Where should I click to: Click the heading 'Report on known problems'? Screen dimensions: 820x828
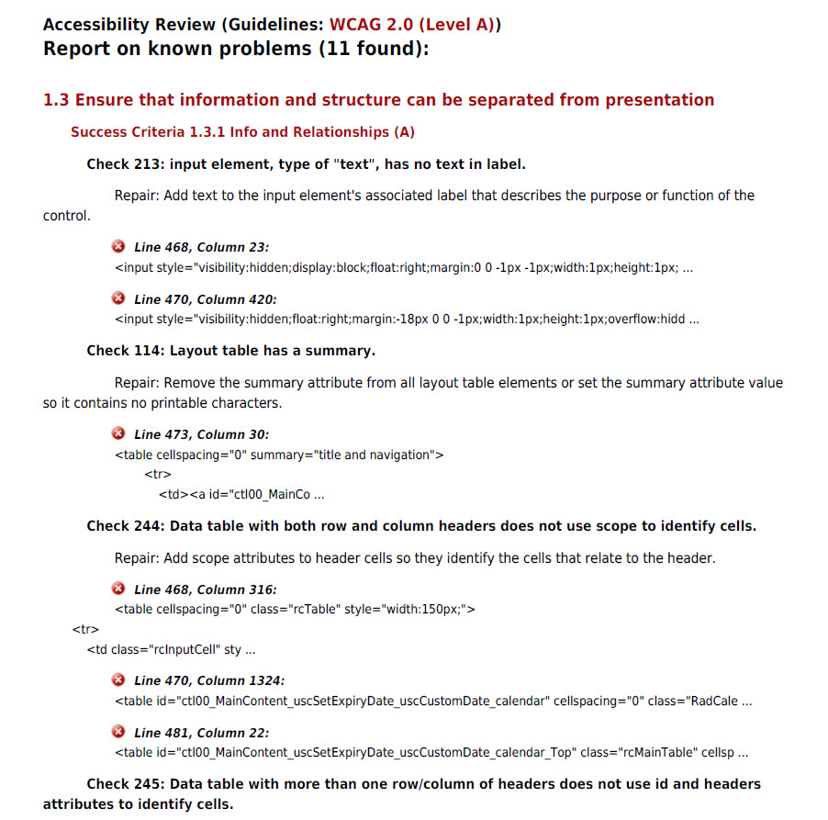(x=236, y=50)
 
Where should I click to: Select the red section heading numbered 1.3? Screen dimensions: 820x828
(x=378, y=100)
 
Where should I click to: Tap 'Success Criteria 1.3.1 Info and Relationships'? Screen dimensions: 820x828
(x=242, y=132)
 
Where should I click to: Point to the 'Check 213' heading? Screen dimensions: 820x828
(x=306, y=164)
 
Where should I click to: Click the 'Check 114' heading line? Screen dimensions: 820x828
(x=230, y=351)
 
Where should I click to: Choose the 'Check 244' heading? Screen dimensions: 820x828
(x=421, y=526)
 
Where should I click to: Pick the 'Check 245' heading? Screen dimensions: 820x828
(x=423, y=784)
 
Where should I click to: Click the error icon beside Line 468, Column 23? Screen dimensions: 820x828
(x=118, y=247)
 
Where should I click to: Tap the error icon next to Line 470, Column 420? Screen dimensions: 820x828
(x=118, y=298)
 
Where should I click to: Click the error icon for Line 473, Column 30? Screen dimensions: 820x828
(x=118, y=433)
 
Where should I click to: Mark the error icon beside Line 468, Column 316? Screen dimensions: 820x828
(x=118, y=589)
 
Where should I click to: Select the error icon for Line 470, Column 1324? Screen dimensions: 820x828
(x=118, y=680)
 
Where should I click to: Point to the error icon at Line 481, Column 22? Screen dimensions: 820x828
(x=118, y=732)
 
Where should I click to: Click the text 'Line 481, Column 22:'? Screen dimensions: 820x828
(x=201, y=733)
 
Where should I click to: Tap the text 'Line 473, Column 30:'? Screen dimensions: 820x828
(x=201, y=434)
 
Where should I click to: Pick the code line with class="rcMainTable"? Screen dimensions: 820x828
(x=431, y=753)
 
